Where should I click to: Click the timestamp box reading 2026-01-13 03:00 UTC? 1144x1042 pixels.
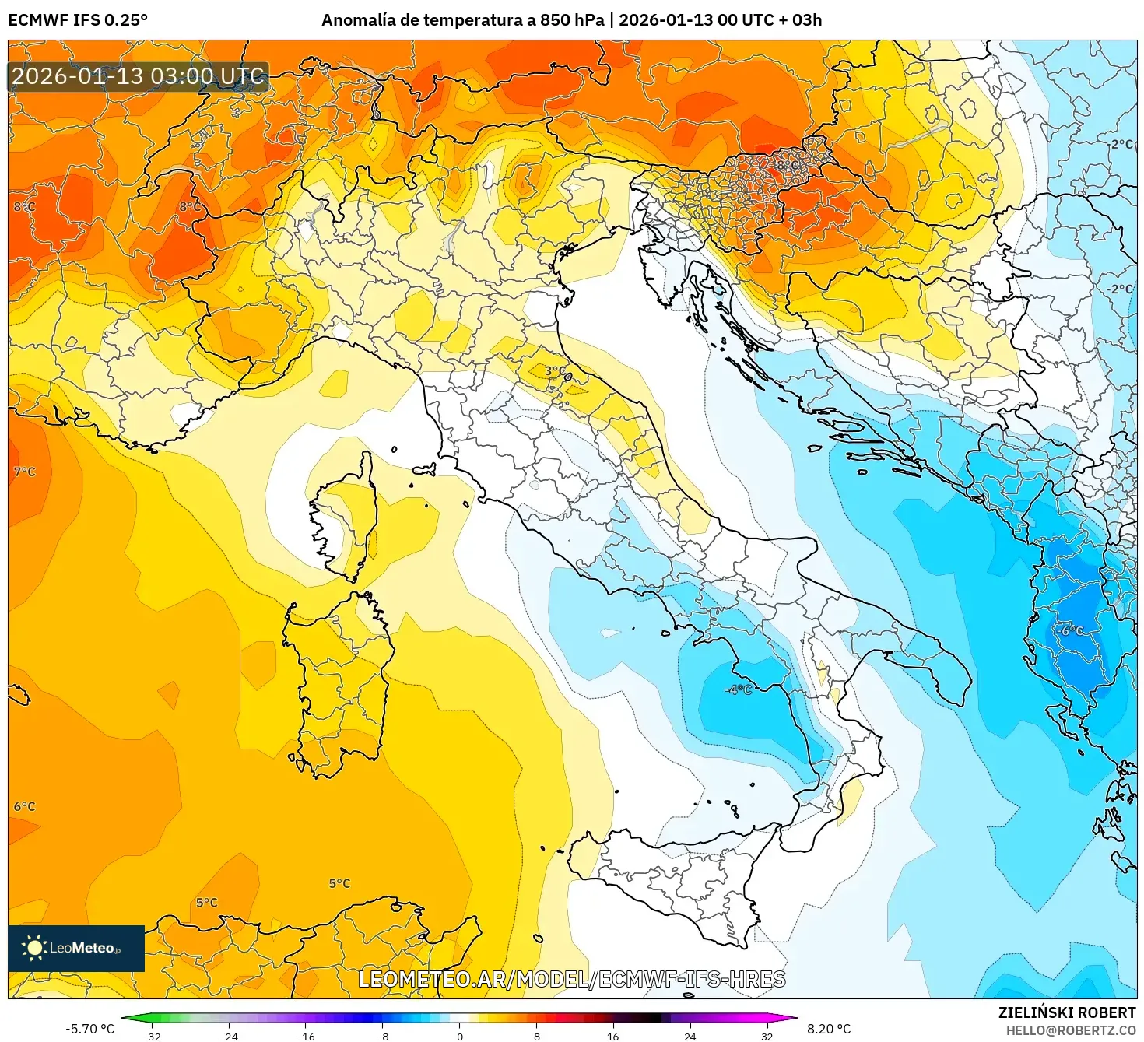pyautogui.click(x=139, y=76)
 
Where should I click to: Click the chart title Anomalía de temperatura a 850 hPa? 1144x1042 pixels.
pyautogui.click(x=462, y=20)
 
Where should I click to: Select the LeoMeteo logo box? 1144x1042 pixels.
pyautogui.click(x=76, y=948)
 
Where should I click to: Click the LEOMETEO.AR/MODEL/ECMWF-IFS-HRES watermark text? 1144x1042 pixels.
pyautogui.click(x=572, y=979)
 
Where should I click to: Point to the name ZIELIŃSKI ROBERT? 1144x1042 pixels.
pyautogui.click(x=1067, y=1012)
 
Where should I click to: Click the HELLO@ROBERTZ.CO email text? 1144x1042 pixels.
pyautogui.click(x=1071, y=1030)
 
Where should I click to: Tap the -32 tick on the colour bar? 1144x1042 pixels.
pyautogui.click(x=153, y=1036)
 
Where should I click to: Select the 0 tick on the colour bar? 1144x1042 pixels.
pyautogui.click(x=460, y=1036)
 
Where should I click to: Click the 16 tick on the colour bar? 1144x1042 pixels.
pyautogui.click(x=613, y=1036)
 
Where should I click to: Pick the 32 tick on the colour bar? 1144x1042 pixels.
pyautogui.click(x=767, y=1036)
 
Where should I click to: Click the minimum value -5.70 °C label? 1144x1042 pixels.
pyautogui.click(x=89, y=1029)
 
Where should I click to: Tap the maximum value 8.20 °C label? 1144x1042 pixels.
pyautogui.click(x=829, y=1029)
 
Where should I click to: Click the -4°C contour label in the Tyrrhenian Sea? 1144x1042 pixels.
pyautogui.click(x=738, y=689)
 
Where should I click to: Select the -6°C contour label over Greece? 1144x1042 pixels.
pyautogui.click(x=1071, y=630)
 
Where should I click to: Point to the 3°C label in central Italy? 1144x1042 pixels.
pyautogui.click(x=555, y=370)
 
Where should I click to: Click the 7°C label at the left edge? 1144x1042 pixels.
pyautogui.click(x=24, y=472)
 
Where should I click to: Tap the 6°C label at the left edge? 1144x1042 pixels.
pyautogui.click(x=24, y=806)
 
